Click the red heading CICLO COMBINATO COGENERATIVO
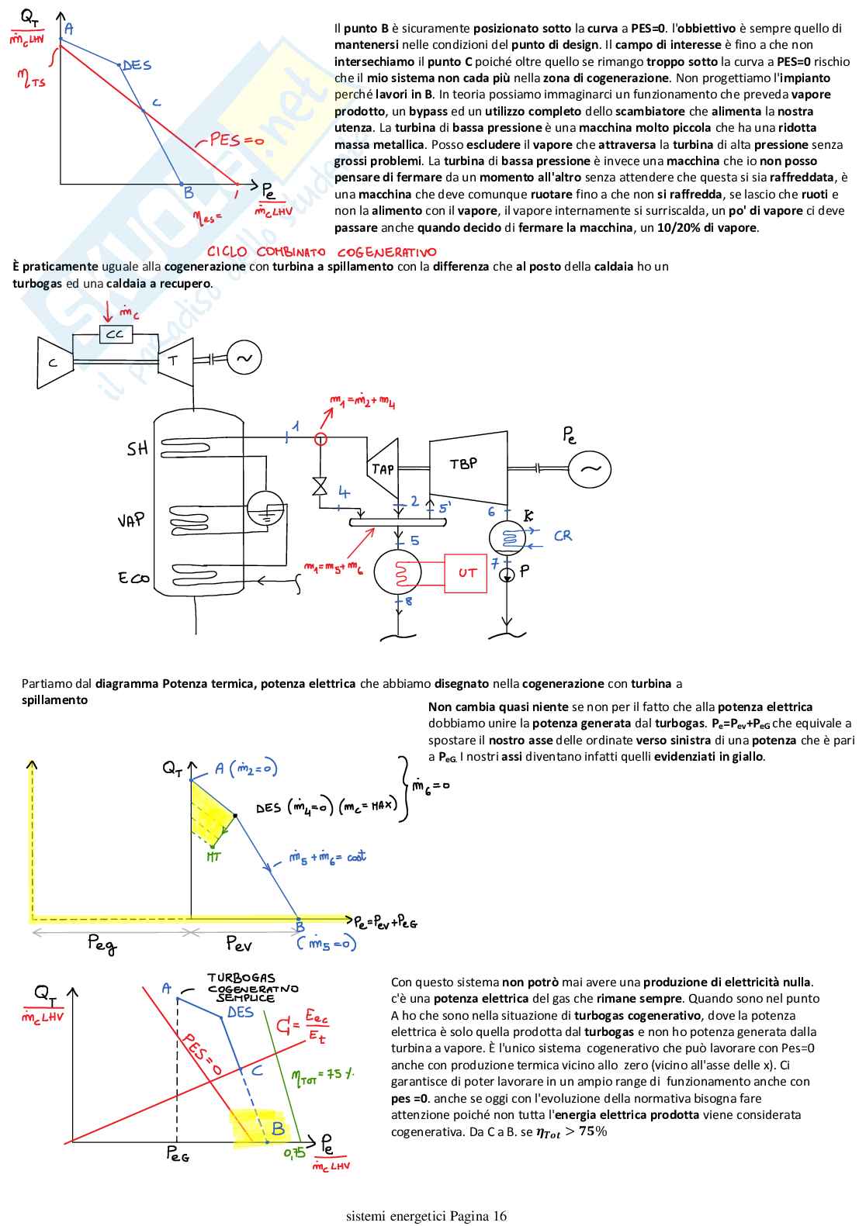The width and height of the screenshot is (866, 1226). coord(321,252)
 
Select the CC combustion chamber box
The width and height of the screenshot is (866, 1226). coord(115,333)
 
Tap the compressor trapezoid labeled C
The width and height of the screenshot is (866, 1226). coord(54,361)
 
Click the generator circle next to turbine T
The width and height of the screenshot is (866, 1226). coord(244,358)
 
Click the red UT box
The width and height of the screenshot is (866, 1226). coord(466,573)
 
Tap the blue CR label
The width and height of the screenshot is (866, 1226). coord(563,536)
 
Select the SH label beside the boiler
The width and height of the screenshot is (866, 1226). coord(137,449)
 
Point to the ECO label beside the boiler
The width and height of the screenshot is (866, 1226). coord(133,578)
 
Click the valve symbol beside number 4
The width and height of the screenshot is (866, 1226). coord(320,486)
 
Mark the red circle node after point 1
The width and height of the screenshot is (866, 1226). coord(320,439)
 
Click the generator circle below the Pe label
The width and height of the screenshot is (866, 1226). coord(590,468)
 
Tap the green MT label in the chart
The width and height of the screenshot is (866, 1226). coord(214,857)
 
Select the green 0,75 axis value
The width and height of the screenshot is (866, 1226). coord(294,1153)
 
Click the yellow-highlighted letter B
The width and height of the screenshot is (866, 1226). coord(277,1129)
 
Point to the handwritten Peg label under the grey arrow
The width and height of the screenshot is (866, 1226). coord(102,944)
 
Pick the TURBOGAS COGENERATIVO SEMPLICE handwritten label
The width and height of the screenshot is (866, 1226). coord(251,988)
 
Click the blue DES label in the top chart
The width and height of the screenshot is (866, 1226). coord(137,66)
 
